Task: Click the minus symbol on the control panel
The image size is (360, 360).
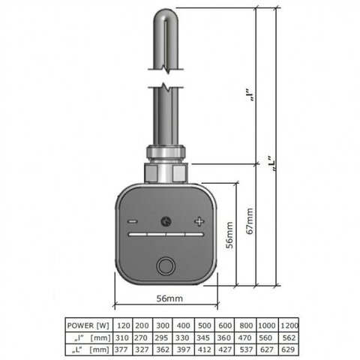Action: (x=133, y=221)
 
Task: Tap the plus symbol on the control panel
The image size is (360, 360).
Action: (x=199, y=221)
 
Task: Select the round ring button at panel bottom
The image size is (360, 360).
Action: (x=166, y=266)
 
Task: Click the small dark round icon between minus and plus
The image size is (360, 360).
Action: (x=166, y=221)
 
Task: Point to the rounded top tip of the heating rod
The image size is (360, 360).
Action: (x=166, y=10)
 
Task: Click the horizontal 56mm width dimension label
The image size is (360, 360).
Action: (x=169, y=298)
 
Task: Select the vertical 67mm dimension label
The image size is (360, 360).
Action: (x=250, y=221)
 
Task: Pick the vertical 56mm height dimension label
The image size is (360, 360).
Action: (x=229, y=235)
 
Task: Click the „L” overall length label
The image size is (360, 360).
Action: (x=272, y=163)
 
